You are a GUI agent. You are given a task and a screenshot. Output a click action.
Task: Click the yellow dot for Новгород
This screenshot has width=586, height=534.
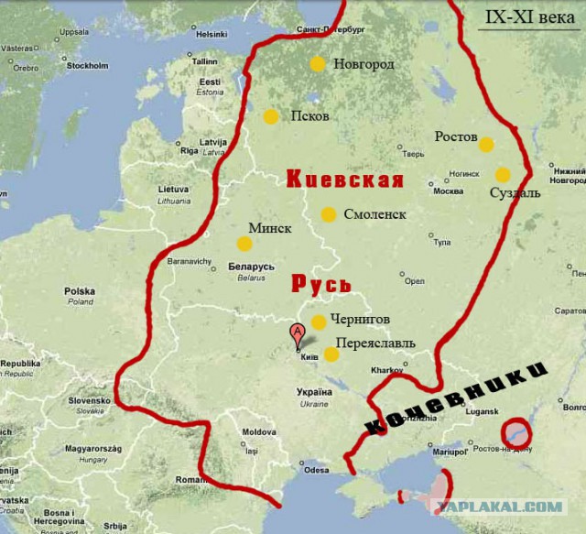[x=317, y=64]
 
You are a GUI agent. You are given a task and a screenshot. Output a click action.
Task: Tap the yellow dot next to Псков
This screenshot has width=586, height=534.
[x=270, y=116]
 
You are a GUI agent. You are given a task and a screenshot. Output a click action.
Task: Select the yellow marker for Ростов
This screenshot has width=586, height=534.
[x=486, y=145]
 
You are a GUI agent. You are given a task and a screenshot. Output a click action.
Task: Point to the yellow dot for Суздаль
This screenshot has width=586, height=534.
[x=503, y=174]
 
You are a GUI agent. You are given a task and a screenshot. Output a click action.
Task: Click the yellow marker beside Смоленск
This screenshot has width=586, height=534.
[x=328, y=214]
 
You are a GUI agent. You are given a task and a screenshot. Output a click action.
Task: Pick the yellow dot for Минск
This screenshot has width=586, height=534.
[x=244, y=243]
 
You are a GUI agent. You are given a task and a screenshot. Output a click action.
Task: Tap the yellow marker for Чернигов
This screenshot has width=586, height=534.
[x=318, y=321]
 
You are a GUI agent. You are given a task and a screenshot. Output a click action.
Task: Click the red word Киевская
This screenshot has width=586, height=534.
[x=345, y=180]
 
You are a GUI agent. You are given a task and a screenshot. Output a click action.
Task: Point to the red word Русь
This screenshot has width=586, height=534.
[x=321, y=283]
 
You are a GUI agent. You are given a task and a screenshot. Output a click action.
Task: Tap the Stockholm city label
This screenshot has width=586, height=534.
[x=88, y=66]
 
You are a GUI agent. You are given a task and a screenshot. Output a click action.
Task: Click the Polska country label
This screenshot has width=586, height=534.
[x=79, y=291]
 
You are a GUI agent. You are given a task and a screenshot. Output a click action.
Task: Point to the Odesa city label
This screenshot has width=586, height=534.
[x=316, y=470]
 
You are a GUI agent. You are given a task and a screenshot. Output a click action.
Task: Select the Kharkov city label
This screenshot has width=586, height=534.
[x=387, y=371]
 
